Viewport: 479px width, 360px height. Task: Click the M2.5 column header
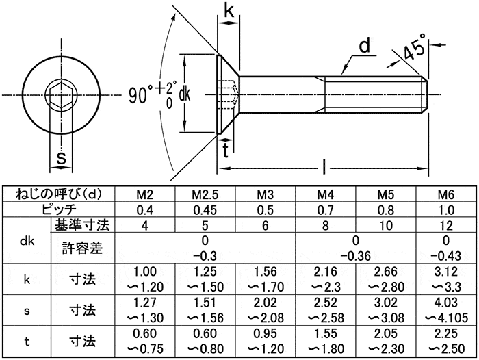click(205, 195)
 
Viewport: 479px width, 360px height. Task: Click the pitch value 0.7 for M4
click(325, 209)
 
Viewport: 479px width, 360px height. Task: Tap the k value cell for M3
click(265, 279)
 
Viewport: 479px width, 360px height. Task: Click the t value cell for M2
click(144, 340)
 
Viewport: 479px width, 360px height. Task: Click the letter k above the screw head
click(229, 12)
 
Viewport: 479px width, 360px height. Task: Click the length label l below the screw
click(324, 166)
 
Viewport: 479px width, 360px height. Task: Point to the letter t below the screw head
click(226, 152)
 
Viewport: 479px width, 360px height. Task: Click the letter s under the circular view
click(60, 159)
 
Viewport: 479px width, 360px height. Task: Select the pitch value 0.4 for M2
click(144, 209)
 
